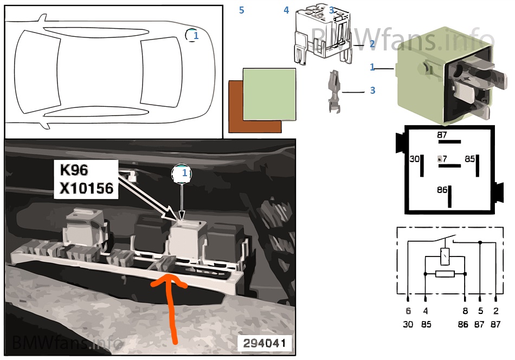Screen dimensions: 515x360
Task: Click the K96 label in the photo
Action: tap(74, 170)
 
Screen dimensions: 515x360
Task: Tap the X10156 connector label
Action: tap(86, 188)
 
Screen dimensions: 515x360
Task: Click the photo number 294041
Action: tap(265, 343)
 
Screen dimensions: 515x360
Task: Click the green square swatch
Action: tap(269, 94)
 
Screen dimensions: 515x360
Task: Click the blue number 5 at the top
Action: tap(242, 10)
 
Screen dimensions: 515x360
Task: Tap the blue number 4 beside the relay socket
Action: tap(286, 10)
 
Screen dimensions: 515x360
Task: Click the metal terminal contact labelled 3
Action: tap(334, 91)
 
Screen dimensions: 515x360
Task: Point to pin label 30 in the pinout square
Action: tap(415, 159)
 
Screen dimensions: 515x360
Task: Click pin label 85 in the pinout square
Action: tap(469, 159)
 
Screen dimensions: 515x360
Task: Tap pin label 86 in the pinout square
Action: tap(442, 190)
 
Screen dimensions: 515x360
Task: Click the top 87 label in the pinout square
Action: tap(442, 135)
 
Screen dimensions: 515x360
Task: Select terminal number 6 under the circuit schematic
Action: tap(408, 311)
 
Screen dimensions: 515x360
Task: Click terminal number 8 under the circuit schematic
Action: tap(465, 311)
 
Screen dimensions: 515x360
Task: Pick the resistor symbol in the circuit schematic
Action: tap(445, 274)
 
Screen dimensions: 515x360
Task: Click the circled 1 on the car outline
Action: tap(192, 35)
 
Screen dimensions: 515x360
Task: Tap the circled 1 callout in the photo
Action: tap(182, 173)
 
